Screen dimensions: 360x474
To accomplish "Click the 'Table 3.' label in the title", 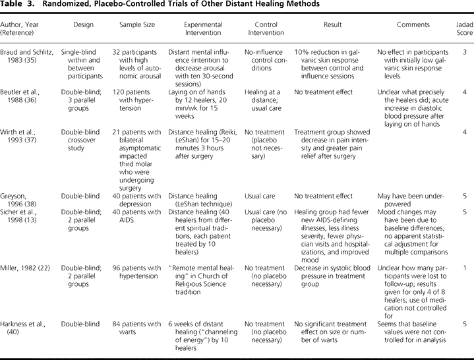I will pos(19,4).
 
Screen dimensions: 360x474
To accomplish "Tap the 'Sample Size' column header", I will pos(136,25).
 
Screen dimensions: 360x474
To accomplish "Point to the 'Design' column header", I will pos(83,25).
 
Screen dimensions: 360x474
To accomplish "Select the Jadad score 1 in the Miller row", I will pos(465,268).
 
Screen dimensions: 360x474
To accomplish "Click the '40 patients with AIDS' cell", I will pos(136,216).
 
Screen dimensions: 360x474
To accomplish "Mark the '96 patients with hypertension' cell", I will pos(136,272).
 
